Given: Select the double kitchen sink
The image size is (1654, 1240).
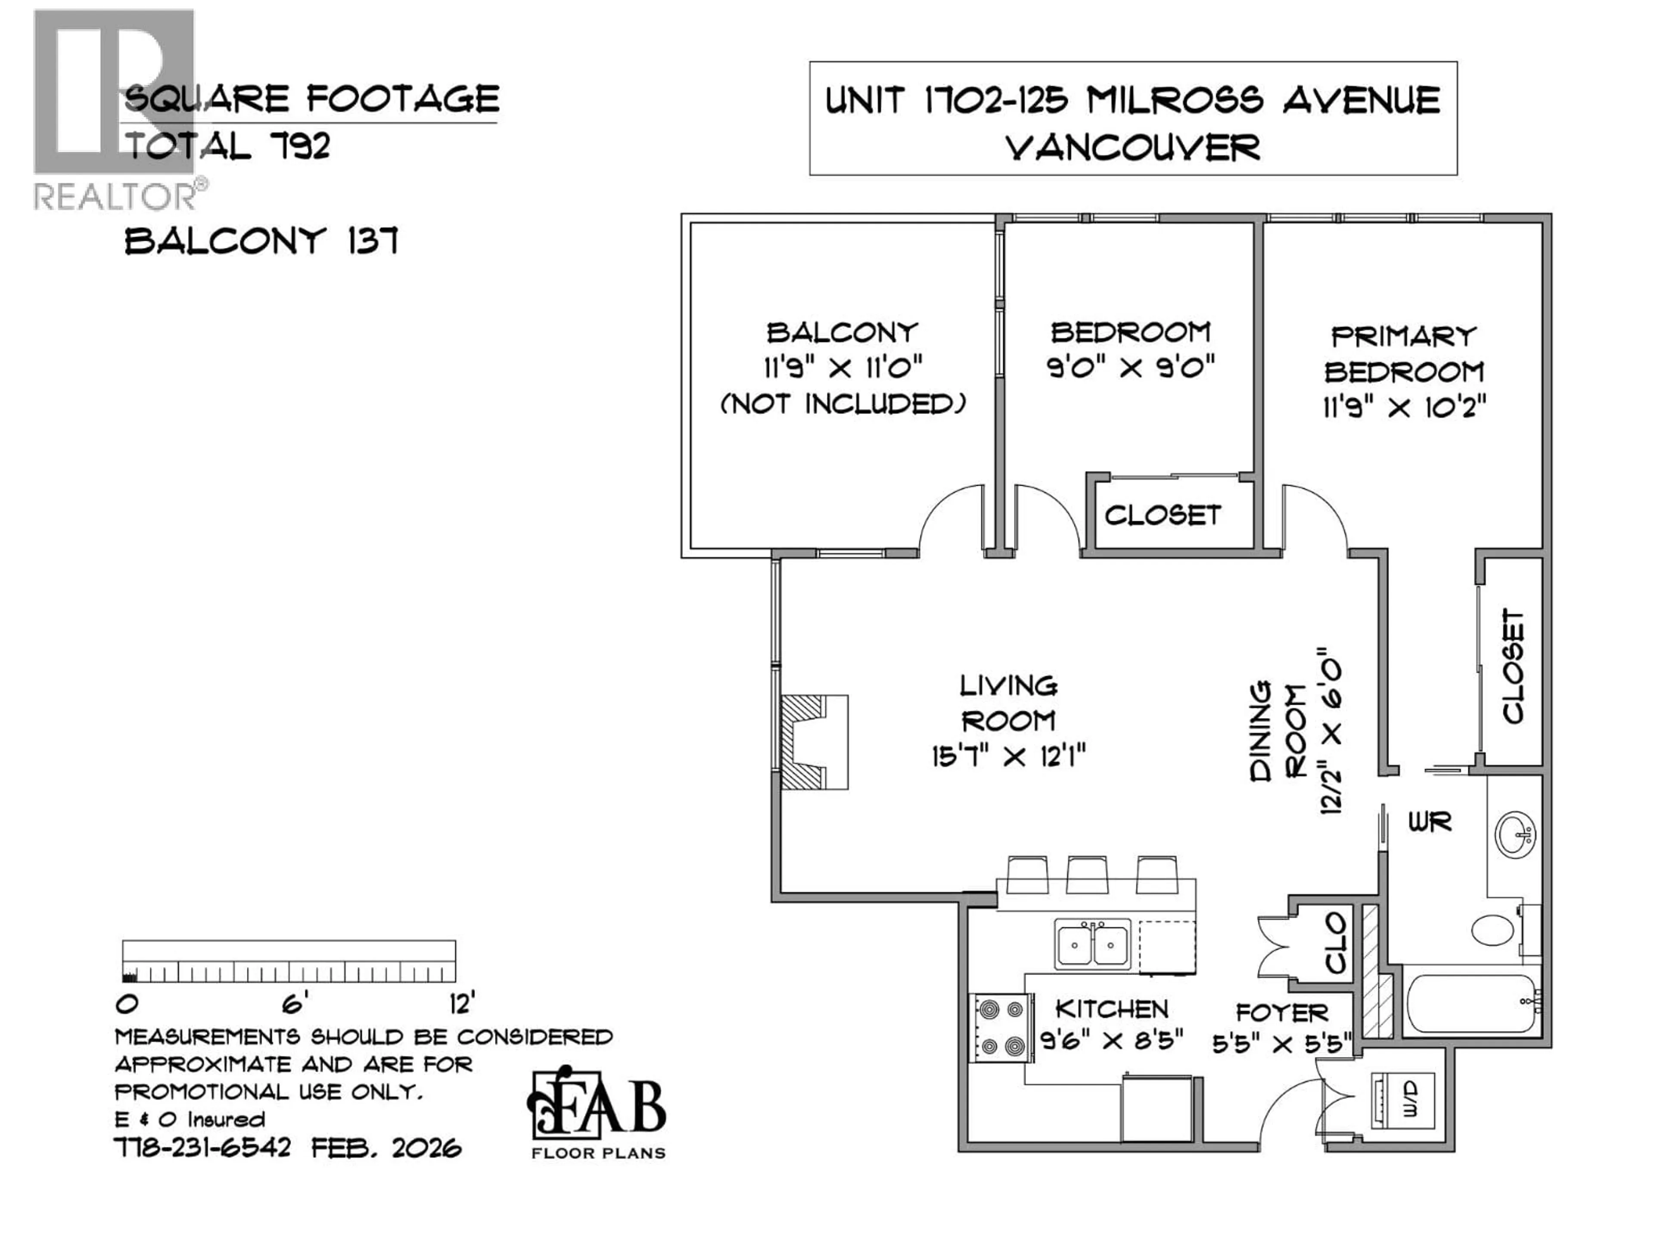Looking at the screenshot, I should coord(1092,945).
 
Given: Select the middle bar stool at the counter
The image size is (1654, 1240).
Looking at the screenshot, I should coord(1086,874).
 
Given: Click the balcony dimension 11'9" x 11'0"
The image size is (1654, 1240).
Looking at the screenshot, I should coord(843,368).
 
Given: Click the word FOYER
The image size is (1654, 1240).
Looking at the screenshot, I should coord(1281,1013).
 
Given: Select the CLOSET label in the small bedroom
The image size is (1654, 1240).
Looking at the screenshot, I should coord(1163,515).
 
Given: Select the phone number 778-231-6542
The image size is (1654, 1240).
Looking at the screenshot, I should coord(202,1147).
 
